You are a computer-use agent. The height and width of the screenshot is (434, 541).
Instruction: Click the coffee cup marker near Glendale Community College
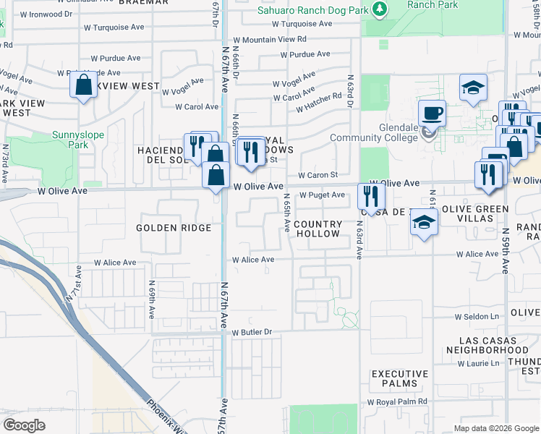click(432, 113)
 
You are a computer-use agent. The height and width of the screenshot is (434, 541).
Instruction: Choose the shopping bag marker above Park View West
click(84, 85)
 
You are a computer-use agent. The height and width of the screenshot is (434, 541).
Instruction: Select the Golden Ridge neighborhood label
click(174, 228)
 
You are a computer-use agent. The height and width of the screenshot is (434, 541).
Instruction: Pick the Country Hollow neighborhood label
click(318, 229)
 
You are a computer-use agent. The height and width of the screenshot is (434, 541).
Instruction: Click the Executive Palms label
click(399, 378)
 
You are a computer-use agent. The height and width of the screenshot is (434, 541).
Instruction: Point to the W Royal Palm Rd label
click(397, 401)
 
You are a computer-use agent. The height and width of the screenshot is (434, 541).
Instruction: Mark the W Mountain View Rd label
click(269, 40)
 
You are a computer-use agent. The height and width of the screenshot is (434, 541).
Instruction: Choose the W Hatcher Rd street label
click(318, 103)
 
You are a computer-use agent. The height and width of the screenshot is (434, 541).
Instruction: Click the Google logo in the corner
click(25, 425)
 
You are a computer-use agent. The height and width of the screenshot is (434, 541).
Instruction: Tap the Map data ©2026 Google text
click(496, 428)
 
